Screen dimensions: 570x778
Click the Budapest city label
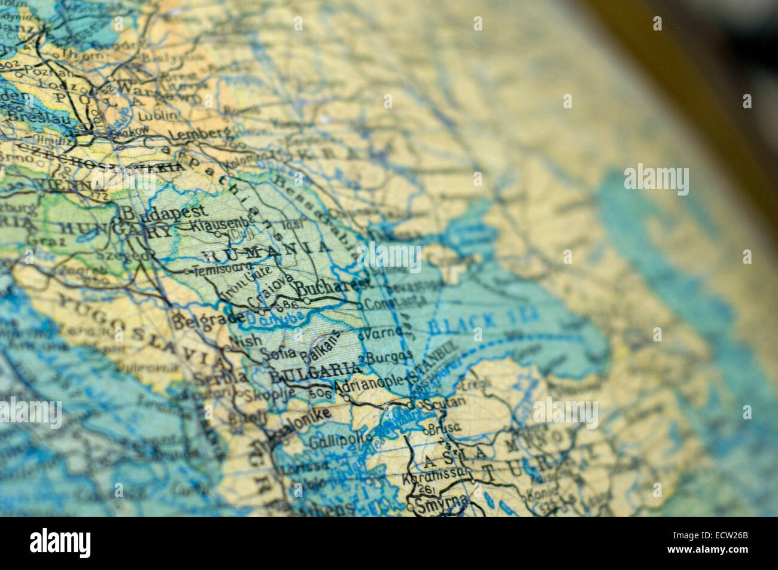tap(165, 212)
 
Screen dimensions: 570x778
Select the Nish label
tap(245, 341)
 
